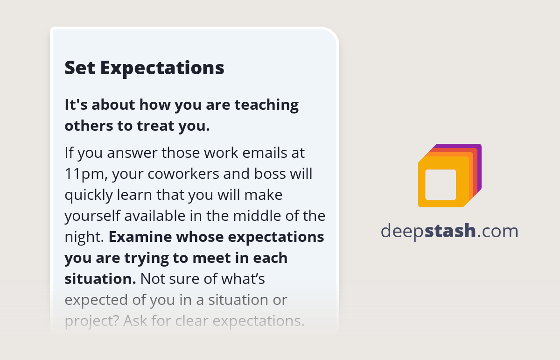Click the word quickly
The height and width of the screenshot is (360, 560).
(88, 195)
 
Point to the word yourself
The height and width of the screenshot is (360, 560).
(91, 216)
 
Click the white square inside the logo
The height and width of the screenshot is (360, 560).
(441, 185)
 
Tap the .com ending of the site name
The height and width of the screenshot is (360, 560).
(498, 231)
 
